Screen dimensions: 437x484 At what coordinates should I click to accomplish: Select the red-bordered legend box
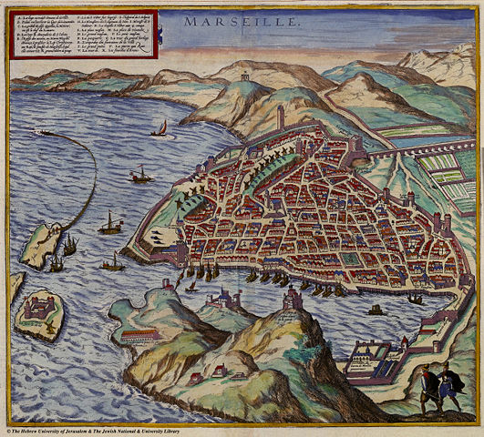click(83, 36)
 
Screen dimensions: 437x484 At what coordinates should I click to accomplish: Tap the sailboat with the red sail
click(162, 128)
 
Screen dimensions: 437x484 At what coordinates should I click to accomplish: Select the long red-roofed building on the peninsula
click(142, 335)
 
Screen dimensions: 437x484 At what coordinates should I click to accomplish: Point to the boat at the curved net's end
click(42, 132)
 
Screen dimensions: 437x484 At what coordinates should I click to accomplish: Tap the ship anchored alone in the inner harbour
click(375, 310)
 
